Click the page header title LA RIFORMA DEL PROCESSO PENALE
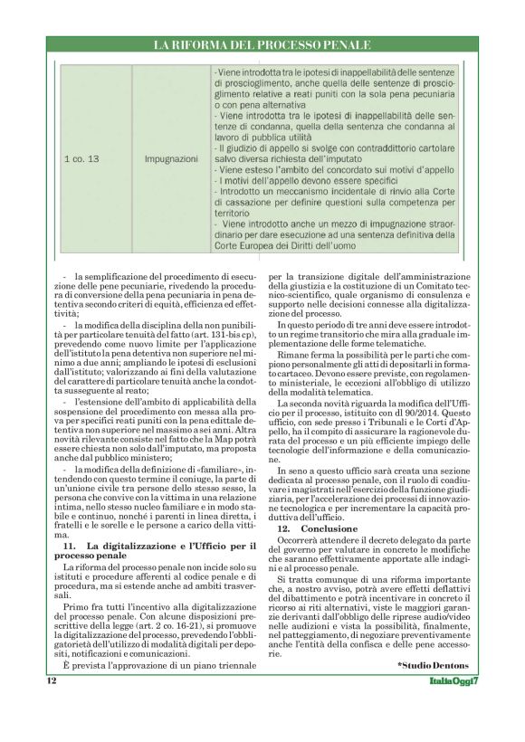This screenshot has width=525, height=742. point(262,44)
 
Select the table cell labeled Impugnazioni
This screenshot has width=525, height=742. point(171,158)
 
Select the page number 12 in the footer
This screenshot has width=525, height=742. point(52,682)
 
